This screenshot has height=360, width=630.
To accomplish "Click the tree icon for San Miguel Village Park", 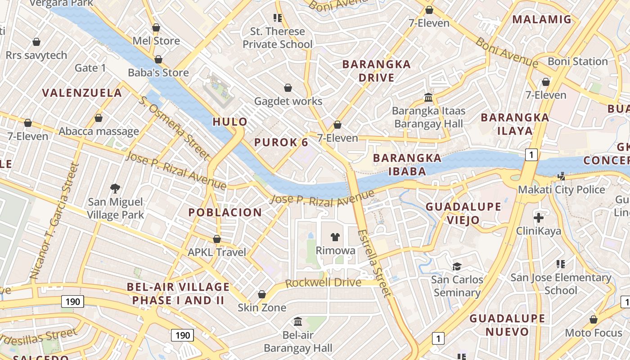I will (x=115, y=188).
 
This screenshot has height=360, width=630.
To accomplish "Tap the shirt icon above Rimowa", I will (x=335, y=237).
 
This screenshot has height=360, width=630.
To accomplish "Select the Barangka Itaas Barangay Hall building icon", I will (x=428, y=97).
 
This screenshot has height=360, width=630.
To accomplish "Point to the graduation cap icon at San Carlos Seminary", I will (x=457, y=266).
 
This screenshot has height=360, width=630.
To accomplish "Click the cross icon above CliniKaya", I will (x=539, y=218).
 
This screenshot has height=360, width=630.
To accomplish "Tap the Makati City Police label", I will (x=562, y=189).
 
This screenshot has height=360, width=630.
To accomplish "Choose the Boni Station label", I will (x=578, y=61).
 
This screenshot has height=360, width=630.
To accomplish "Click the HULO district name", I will (x=230, y=121).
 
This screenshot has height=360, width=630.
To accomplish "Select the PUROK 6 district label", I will (x=281, y=143).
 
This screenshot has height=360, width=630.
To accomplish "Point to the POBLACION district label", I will (x=225, y=212).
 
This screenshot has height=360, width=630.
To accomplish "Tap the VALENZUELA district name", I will (x=82, y=93).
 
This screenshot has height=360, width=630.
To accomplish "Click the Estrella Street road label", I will (x=374, y=263).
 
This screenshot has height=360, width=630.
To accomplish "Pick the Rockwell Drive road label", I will (x=323, y=283).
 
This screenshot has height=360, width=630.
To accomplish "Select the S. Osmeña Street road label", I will (x=175, y=129).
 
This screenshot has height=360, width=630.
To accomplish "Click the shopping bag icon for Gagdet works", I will (x=288, y=88).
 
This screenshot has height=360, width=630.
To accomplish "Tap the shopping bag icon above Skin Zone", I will (x=262, y=295).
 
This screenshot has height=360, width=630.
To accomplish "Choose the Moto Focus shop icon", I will (x=594, y=320).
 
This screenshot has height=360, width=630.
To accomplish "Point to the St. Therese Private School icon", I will (x=278, y=18).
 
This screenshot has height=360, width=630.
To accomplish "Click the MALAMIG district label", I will (x=542, y=19).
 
